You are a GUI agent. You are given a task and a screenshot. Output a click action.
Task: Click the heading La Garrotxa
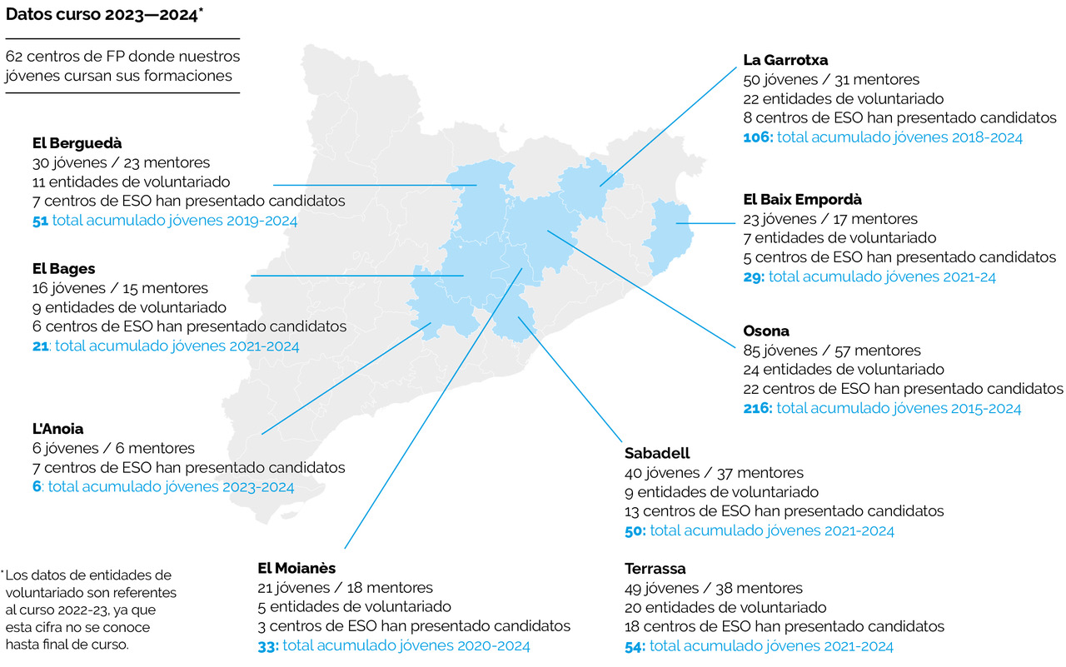pyautogui.click(x=785, y=60)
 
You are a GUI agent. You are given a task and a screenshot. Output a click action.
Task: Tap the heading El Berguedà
pyautogui.click(x=77, y=142)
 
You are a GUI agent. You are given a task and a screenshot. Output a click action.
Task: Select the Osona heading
pyautogui.click(x=766, y=331)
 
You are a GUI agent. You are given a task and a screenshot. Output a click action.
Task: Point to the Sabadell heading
pyautogui.click(x=657, y=453)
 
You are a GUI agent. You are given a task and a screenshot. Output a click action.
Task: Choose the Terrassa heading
pyautogui.click(x=655, y=569)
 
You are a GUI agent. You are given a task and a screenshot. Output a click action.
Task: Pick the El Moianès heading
pyautogui.click(x=297, y=568)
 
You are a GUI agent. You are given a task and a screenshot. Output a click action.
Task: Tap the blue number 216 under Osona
pyautogui.click(x=757, y=408)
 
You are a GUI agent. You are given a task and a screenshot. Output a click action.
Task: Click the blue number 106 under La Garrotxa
pyautogui.click(x=757, y=137)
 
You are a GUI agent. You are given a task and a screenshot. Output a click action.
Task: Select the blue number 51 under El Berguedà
pyautogui.click(x=40, y=221)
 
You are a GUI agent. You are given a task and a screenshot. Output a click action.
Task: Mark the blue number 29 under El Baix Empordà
pyautogui.click(x=753, y=276)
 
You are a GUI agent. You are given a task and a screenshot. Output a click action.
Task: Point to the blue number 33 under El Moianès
pyautogui.click(x=268, y=645)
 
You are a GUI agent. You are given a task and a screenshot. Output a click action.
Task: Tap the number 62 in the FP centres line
pyautogui.click(x=14, y=57)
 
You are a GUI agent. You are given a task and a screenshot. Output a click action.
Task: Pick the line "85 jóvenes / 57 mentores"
pyautogui.click(x=832, y=351)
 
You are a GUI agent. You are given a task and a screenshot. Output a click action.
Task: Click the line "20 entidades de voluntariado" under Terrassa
pyautogui.click(x=725, y=607)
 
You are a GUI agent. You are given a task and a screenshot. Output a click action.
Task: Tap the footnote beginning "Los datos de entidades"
pyautogui.click(x=89, y=610)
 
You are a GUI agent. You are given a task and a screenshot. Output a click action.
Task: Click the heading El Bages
pyautogui.click(x=64, y=269)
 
